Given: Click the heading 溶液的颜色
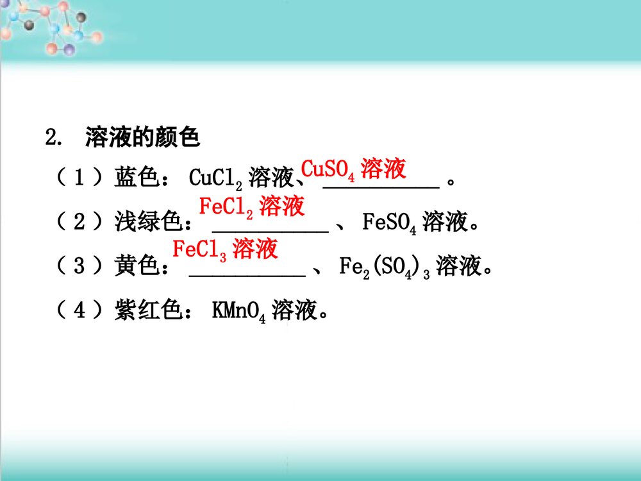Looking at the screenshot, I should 142,137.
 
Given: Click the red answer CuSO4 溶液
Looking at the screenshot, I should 353,169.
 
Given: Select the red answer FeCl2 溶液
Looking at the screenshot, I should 251,207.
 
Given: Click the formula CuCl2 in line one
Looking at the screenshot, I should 215,178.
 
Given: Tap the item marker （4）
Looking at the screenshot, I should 78,311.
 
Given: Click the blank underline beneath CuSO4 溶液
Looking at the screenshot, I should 381,186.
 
